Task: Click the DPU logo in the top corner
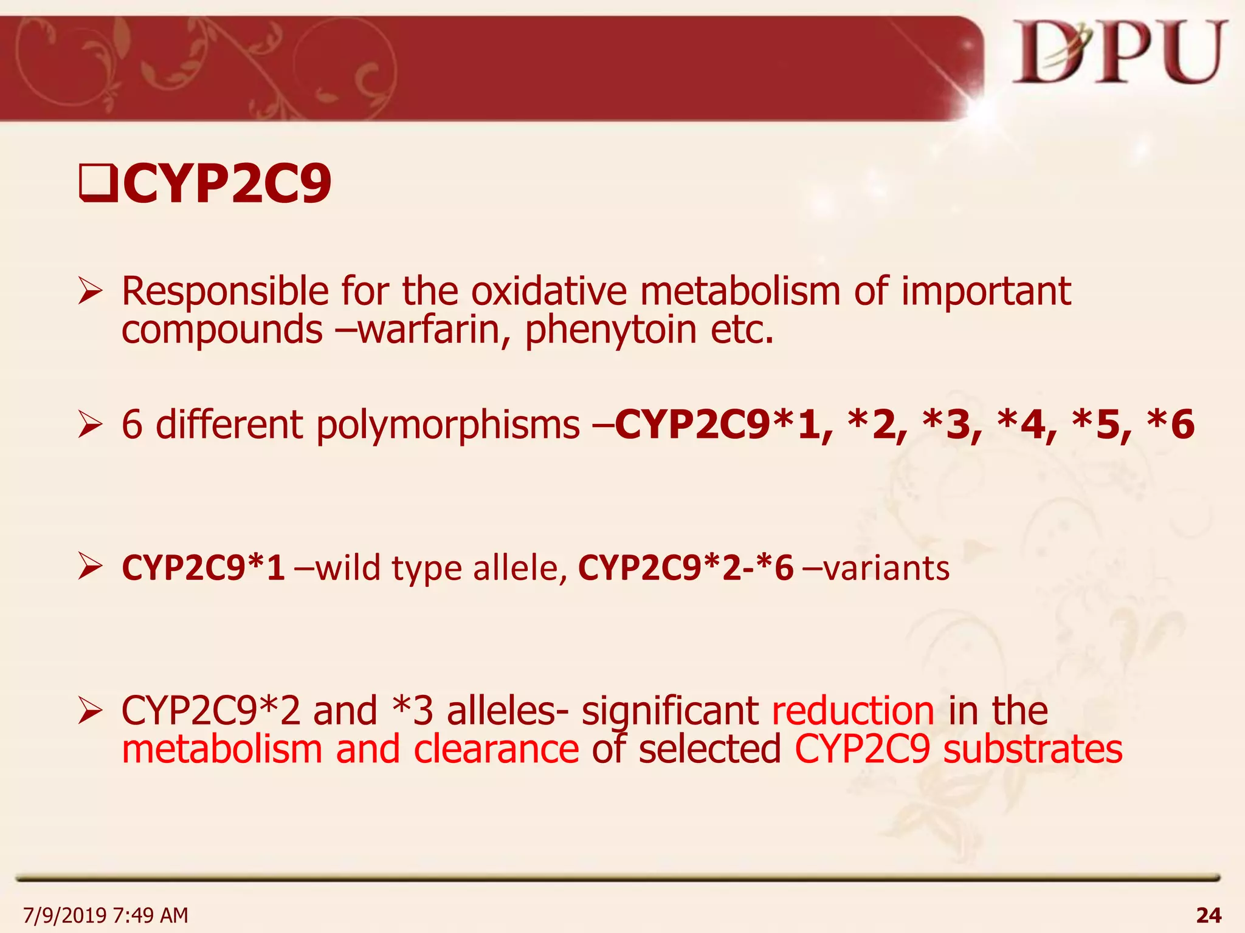[x=1119, y=53]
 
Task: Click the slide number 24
[x=1209, y=914]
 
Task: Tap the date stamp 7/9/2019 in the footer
[x=64, y=915]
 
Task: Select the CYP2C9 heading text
[x=227, y=183]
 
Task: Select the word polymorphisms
[x=448, y=425]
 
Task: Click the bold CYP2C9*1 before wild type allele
[x=204, y=568]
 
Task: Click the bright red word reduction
[x=853, y=711]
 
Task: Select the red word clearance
[x=496, y=750]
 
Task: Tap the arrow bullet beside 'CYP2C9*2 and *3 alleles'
[x=90, y=711]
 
